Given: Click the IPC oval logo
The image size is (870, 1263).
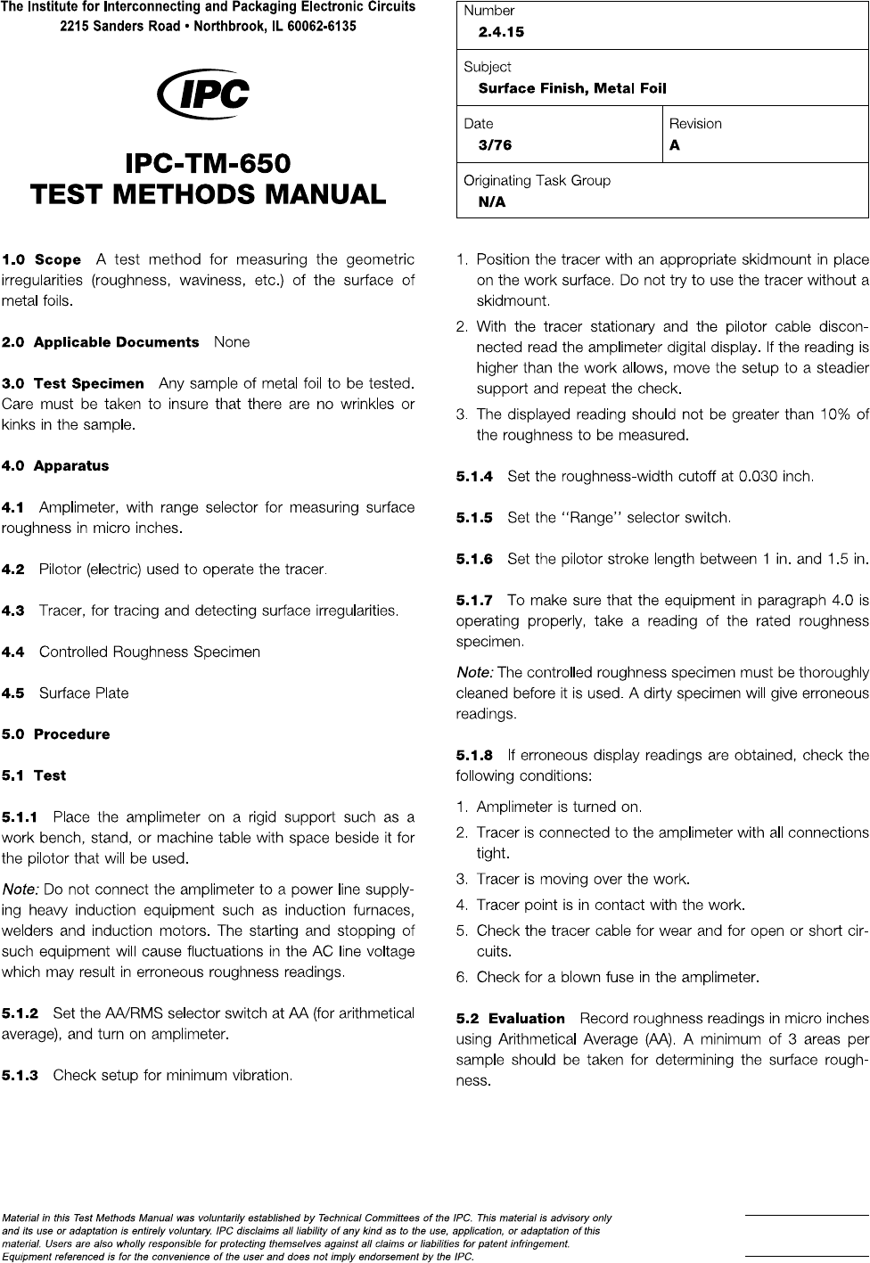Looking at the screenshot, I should tap(203, 94).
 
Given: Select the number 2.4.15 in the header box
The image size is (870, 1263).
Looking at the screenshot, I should tap(501, 32).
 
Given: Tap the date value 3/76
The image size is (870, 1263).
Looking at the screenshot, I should tap(495, 145).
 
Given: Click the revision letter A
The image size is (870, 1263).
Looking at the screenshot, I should tap(675, 145).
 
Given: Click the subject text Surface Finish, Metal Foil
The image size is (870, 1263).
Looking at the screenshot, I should tap(571, 88).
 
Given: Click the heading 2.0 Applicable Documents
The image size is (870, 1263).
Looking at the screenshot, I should tap(101, 342).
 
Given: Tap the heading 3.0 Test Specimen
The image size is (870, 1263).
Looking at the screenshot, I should tap(73, 384).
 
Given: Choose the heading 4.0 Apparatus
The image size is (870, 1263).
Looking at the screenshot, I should tap(55, 466).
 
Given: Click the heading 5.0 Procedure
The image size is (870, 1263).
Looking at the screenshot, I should tap(56, 734).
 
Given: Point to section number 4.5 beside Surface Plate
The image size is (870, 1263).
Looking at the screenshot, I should tap(13, 693).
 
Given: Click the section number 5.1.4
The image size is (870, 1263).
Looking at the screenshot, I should tap(474, 477).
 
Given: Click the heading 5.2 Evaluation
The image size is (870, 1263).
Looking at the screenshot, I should tap(511, 1019).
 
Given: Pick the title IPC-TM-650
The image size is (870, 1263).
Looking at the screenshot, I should tap(208, 164).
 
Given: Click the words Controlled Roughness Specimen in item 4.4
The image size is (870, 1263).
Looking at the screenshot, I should tap(150, 652).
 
